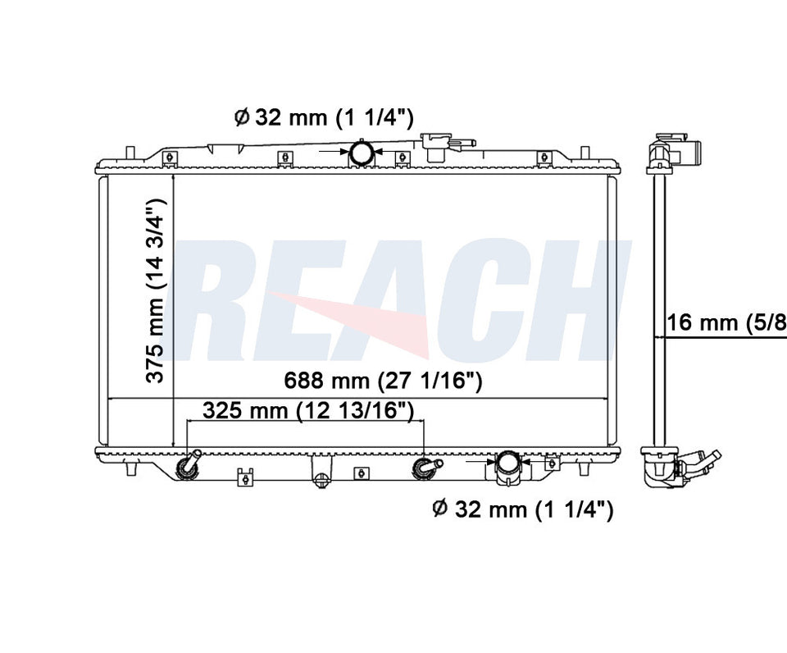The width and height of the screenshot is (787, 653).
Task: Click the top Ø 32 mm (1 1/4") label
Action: point(324,117)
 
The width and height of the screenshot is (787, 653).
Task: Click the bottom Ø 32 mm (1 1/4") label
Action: point(523,509)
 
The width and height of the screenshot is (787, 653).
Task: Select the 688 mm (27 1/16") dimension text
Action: point(383,381)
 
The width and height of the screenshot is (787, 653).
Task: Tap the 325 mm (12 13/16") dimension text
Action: point(308,410)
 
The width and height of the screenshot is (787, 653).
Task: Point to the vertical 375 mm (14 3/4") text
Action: point(156,290)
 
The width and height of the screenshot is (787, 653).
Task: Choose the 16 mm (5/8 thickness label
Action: point(726,322)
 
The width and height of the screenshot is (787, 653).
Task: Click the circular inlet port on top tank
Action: point(361,153)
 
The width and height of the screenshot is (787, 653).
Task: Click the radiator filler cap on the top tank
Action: point(446,145)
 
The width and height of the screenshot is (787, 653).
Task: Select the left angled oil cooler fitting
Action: point(189,465)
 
